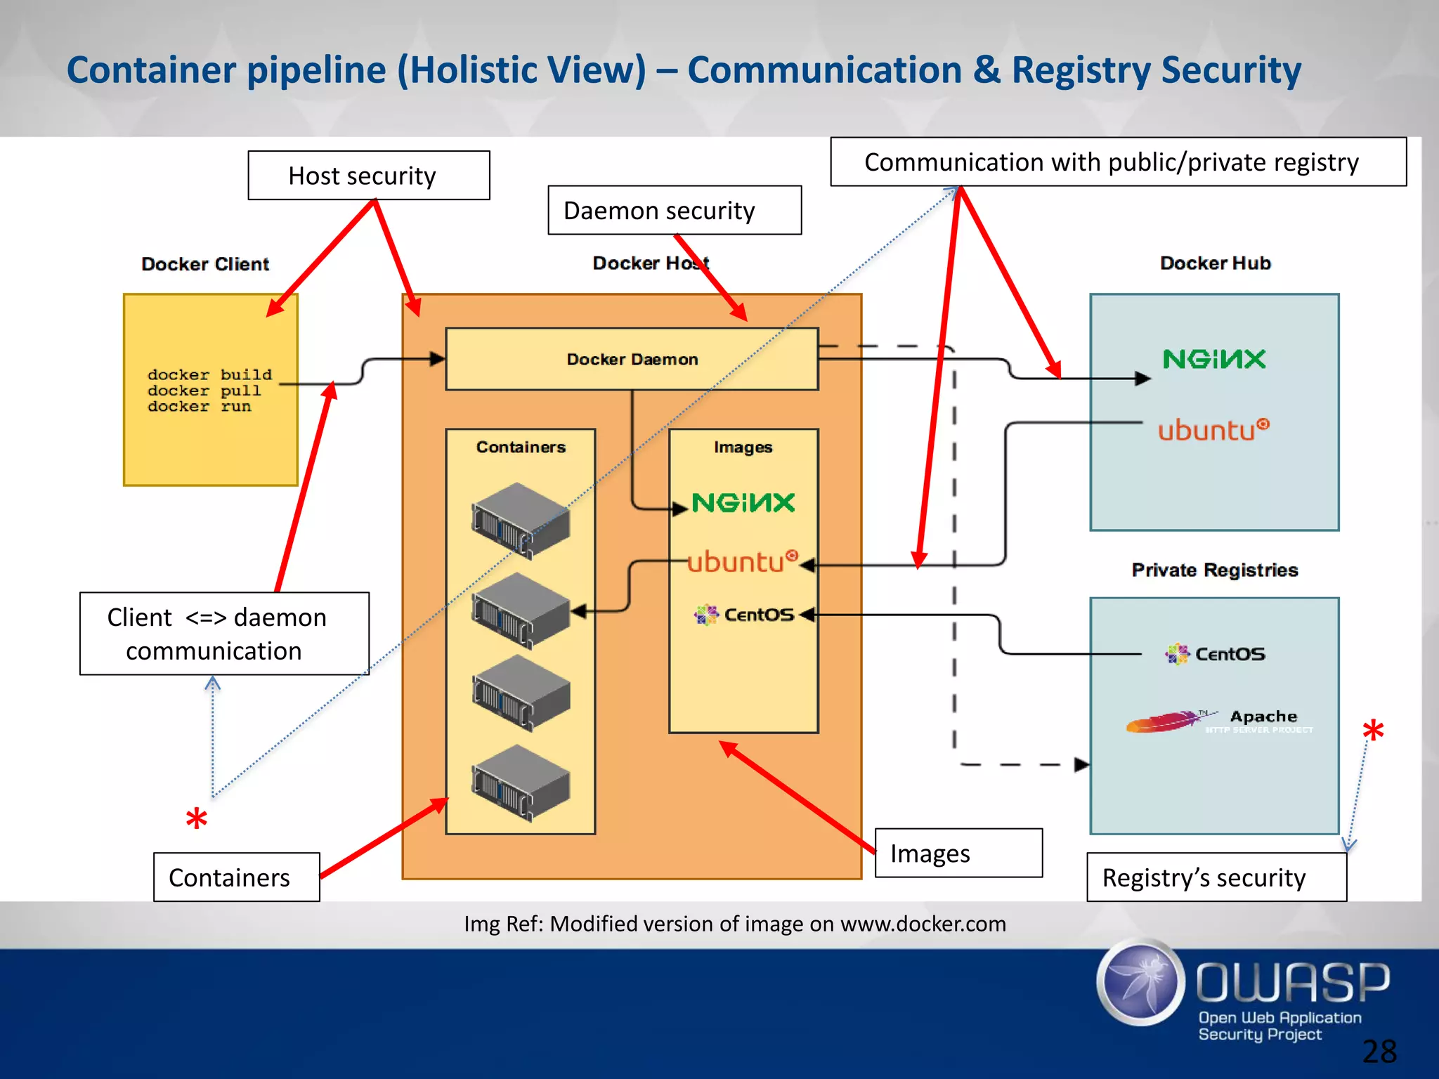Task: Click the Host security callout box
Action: click(x=368, y=176)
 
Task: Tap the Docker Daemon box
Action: click(x=632, y=360)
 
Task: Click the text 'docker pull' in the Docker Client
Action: click(x=204, y=391)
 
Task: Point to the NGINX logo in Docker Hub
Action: click(x=1213, y=360)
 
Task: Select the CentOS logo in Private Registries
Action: click(x=1215, y=654)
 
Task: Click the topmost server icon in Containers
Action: click(x=521, y=521)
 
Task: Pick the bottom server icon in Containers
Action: click(x=521, y=783)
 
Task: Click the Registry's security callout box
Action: click(x=1216, y=877)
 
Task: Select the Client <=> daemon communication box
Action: click(x=223, y=634)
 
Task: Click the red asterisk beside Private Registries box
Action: click(x=1372, y=733)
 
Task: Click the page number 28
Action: click(x=1379, y=1052)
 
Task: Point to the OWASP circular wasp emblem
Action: click(x=1141, y=982)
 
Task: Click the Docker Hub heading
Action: click(x=1215, y=263)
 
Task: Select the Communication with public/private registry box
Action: click(x=1117, y=162)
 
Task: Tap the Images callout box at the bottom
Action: click(x=958, y=854)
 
